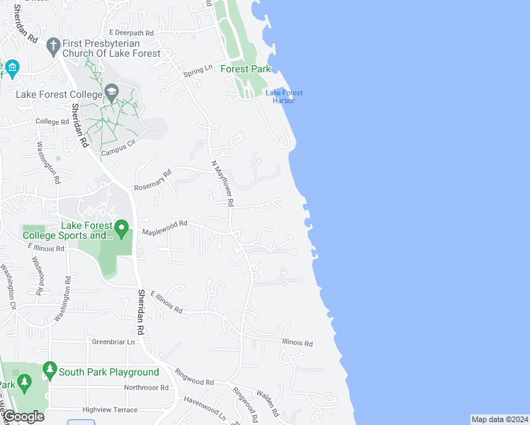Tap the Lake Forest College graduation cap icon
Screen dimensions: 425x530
tap(112, 92)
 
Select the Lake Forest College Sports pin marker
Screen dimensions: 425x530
tap(121, 229)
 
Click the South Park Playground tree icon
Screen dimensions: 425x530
tap(50, 369)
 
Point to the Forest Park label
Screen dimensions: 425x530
tap(246, 69)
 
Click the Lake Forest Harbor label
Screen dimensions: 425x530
tap(283, 96)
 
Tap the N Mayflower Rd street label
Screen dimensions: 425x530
tap(223, 183)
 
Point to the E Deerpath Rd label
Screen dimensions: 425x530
tap(132, 33)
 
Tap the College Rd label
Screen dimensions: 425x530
tap(52, 122)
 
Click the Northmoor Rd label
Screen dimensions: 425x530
tap(146, 387)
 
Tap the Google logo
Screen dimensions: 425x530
tap(23, 416)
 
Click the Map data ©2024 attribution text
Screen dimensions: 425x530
tap(499, 419)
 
